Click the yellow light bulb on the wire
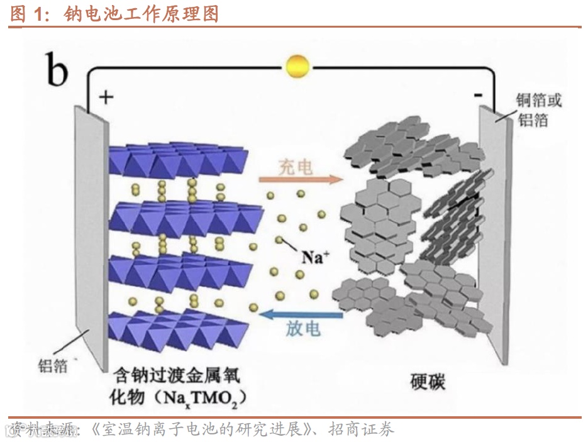297,66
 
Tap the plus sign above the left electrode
106,97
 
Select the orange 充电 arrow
301,180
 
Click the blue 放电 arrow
301,313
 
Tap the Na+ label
316,257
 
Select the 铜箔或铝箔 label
538,109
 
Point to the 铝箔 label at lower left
53,365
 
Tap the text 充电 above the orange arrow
296,167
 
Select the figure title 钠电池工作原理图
141,13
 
